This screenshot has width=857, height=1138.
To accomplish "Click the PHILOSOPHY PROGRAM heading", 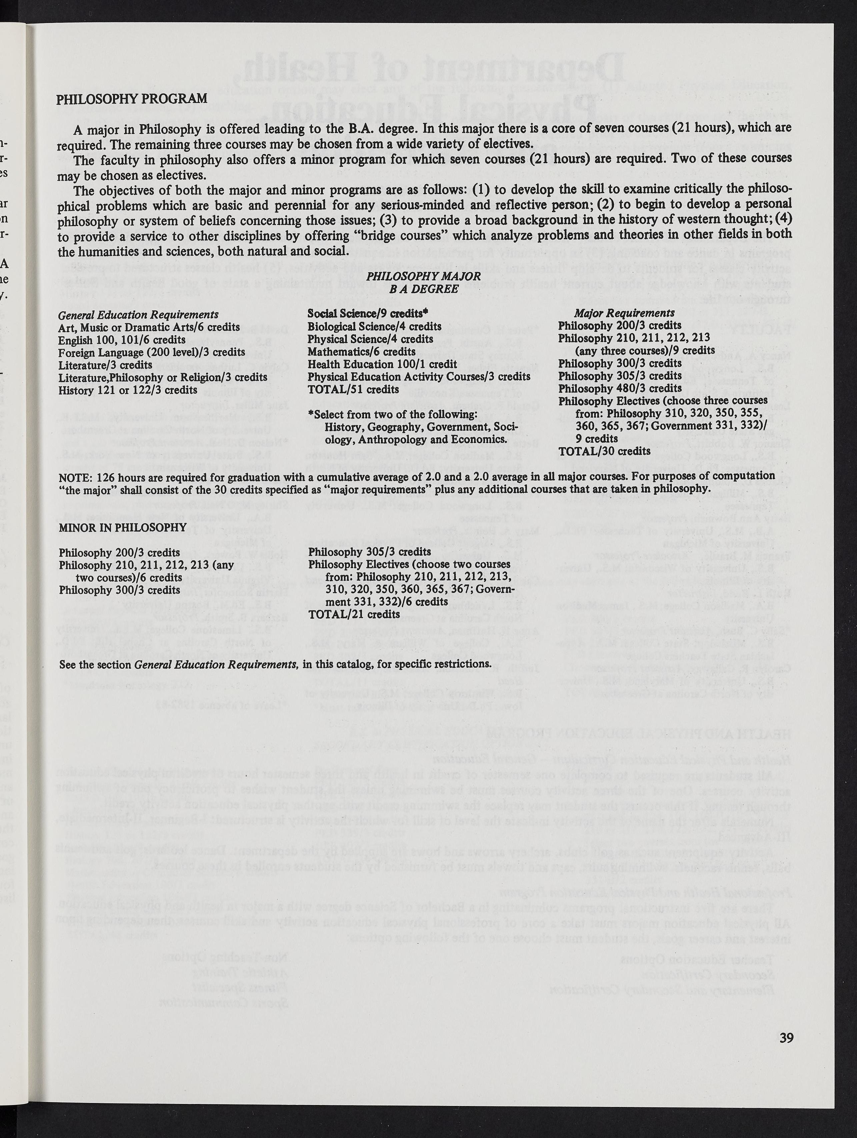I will click(x=132, y=99).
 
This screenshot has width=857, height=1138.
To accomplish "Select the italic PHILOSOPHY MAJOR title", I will click(x=424, y=276).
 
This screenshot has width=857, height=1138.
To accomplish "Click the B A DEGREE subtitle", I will click(x=424, y=289).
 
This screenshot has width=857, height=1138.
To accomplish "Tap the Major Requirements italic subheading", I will click(x=624, y=313).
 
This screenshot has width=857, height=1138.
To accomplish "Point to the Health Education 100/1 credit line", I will click(x=382, y=364).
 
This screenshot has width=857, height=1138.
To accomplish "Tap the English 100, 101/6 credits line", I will click(x=122, y=340).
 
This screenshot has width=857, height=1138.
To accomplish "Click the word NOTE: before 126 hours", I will click(x=75, y=476).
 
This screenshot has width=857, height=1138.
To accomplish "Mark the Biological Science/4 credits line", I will click(x=374, y=327).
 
